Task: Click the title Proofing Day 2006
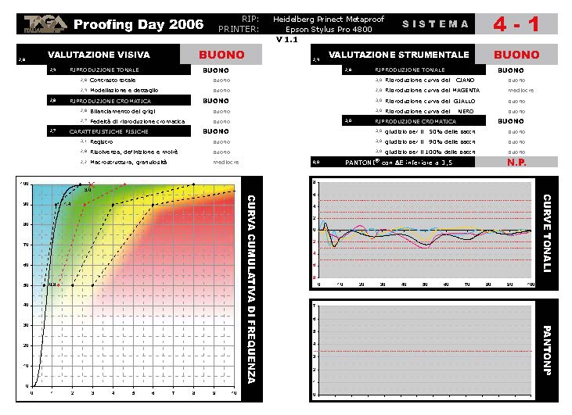click(139, 24)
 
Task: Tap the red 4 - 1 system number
click(516, 24)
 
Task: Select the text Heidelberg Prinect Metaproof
click(329, 19)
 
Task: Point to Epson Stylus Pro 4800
click(329, 29)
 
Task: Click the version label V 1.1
click(287, 39)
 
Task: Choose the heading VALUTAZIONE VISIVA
click(99, 55)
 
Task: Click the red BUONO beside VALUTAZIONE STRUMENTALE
click(516, 55)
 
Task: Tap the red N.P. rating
click(516, 163)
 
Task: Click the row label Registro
click(103, 141)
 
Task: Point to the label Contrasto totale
click(114, 80)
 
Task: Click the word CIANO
click(465, 80)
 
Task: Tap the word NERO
click(466, 111)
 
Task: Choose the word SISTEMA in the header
click(436, 24)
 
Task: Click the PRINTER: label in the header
click(239, 29)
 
